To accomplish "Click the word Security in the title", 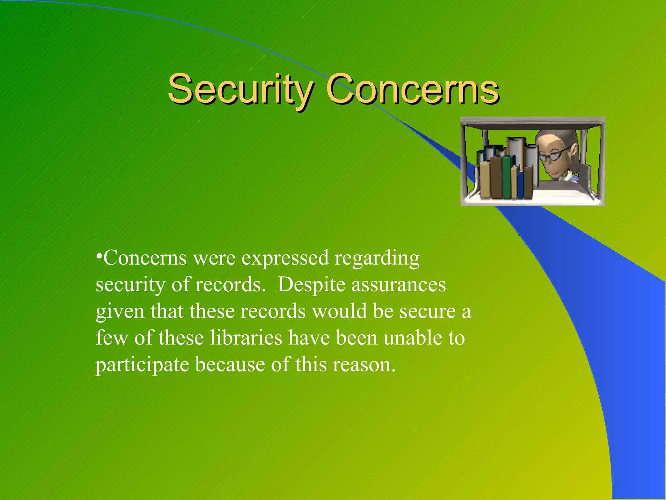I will [x=241, y=89].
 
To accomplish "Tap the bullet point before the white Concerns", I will [x=99, y=254].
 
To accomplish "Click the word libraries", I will [x=246, y=338].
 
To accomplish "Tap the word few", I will [x=112, y=338].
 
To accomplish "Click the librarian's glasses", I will [x=553, y=155].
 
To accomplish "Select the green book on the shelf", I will [x=507, y=177].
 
